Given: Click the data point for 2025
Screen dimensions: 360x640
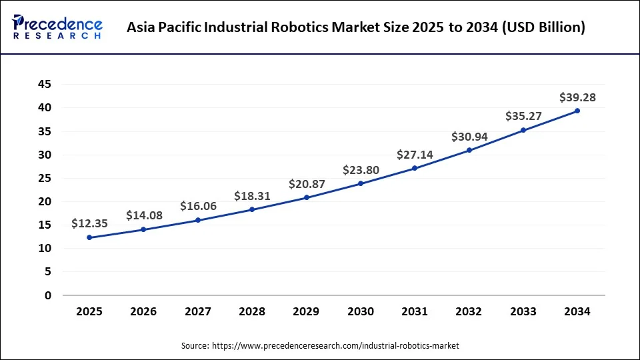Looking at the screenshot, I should pos(89,237).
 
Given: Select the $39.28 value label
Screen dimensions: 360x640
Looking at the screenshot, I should pos(577,97).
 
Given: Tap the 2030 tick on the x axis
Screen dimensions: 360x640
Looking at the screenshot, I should pos(361,311).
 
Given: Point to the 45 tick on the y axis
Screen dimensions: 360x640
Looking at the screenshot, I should pos(44,84).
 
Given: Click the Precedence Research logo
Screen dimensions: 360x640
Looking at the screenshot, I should pos(57,27).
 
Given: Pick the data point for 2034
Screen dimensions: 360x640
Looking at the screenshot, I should pos(577,111).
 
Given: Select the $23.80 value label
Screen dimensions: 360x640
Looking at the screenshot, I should pos(361,170).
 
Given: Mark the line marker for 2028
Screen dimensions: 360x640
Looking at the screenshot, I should pos(252,209).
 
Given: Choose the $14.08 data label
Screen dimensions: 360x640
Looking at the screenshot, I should pos(144,215).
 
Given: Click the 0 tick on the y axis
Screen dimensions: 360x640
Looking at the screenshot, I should pos(47,295).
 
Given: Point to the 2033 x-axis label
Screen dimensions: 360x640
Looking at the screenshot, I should pos(523,311).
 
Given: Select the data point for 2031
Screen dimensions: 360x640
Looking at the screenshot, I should pos(415,168).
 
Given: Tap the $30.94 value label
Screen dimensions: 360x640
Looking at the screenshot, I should pos(469,137).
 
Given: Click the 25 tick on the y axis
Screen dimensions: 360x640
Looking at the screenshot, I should pos(44,178).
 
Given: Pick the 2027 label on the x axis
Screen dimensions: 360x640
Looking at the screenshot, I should pos(198,311).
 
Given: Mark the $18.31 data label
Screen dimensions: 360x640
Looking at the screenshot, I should pos(252,196).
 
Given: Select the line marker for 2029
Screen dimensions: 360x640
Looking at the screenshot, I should pos(307,197).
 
